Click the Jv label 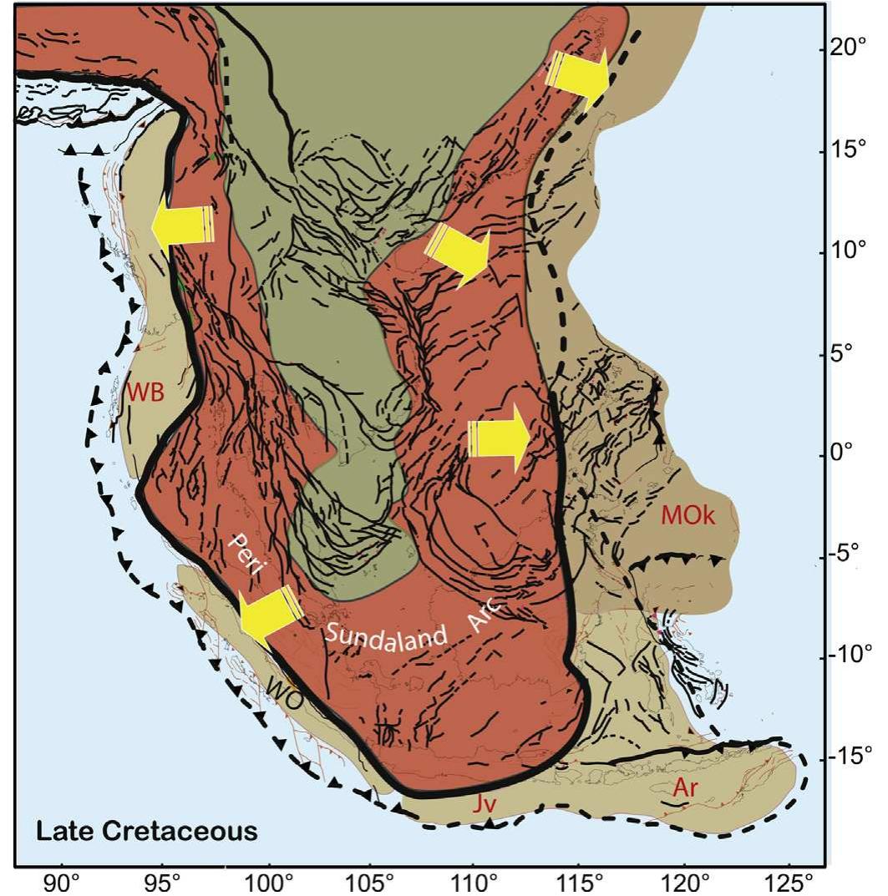(x=473, y=807)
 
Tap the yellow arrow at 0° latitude (x=499, y=438)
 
